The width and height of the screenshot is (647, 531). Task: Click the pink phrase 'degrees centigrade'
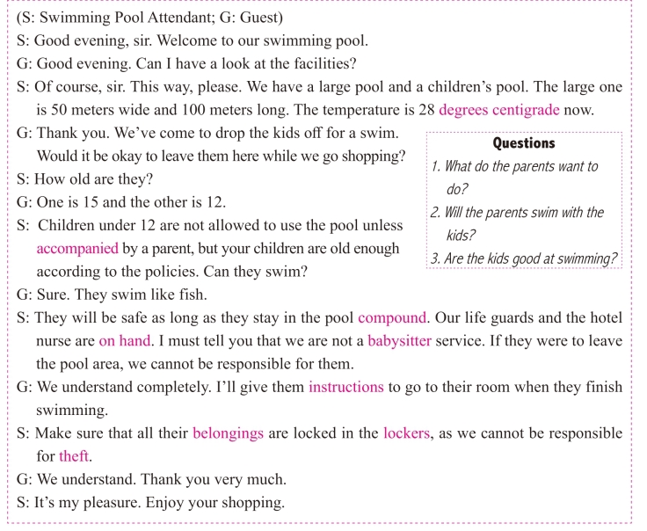pos(498,111)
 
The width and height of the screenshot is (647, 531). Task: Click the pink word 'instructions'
pos(345,387)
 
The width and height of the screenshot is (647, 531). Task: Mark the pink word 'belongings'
pos(228,433)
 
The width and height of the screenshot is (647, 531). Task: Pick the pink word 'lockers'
pos(407,433)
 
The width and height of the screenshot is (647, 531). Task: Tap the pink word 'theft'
pos(75,456)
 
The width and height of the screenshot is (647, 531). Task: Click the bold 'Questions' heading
pos(524,143)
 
